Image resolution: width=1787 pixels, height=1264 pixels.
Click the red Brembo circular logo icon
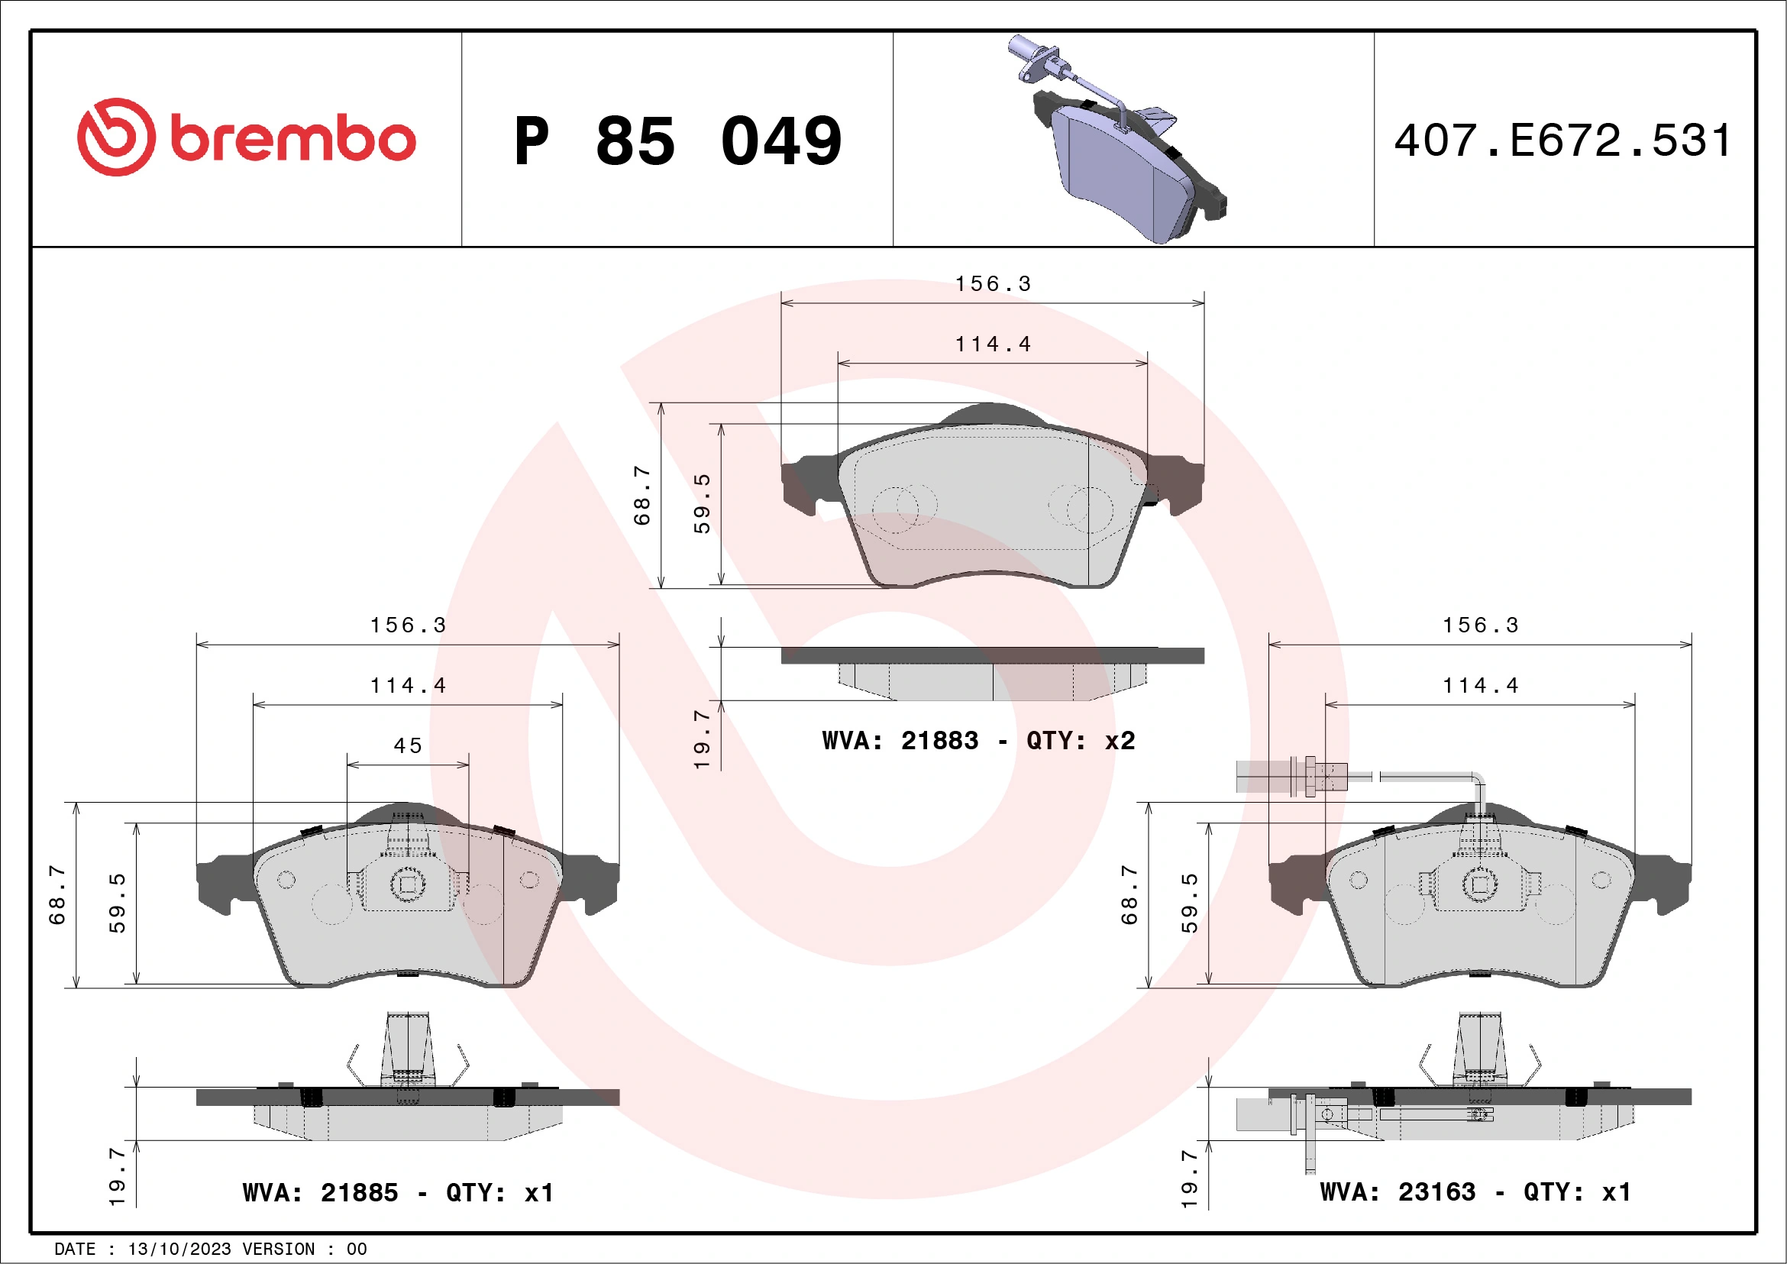[116, 137]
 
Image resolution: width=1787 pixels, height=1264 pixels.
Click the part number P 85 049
[677, 141]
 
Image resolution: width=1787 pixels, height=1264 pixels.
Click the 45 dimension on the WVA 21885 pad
[407, 745]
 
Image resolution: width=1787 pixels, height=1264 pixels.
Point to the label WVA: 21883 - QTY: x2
[978, 740]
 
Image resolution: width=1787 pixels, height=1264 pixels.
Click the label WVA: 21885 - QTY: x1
[398, 1192]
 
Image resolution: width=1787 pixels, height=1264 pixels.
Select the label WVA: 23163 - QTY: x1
[1475, 1191]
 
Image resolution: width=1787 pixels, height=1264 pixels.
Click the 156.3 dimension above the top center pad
[992, 284]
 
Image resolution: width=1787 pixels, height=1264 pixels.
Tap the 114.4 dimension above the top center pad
[992, 344]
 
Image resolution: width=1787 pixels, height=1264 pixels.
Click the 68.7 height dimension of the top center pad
[641, 496]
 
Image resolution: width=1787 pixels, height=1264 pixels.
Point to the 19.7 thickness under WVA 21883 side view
[701, 739]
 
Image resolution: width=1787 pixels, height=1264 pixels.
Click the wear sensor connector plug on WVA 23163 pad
[1292, 777]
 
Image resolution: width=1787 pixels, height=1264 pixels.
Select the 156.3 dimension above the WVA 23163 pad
[1479, 625]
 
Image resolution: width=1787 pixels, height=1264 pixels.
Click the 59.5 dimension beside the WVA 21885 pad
[117, 903]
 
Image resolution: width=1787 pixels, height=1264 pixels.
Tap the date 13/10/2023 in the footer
[179, 1249]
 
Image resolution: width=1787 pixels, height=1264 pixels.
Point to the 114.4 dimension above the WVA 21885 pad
[407, 686]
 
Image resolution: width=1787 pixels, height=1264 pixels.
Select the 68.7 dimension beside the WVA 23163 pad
[1129, 895]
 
